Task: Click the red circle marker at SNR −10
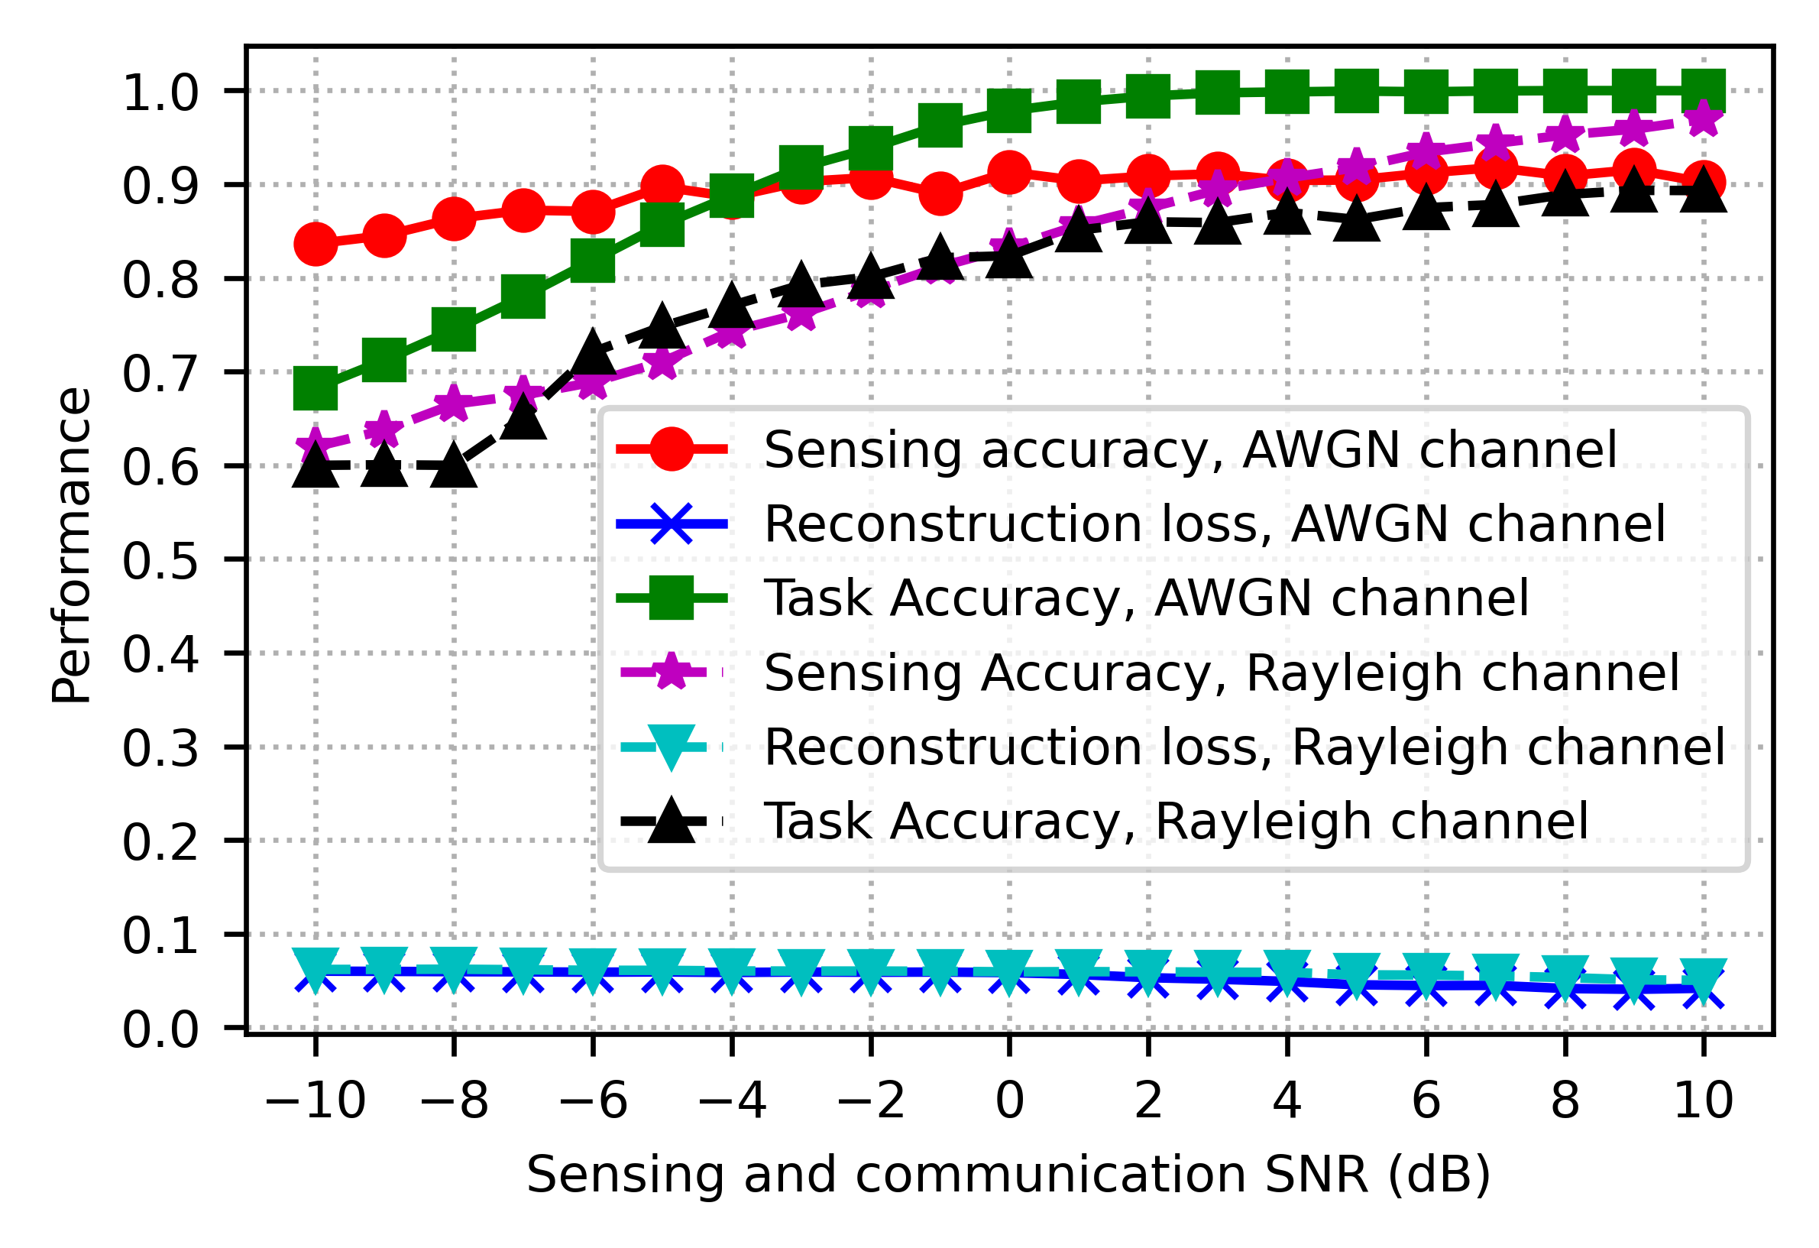316,244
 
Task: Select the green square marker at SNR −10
316,388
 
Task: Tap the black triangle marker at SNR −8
454,468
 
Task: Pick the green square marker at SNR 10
1704,90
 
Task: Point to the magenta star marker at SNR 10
1704,119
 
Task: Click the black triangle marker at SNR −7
523,419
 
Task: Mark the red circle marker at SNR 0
1009,172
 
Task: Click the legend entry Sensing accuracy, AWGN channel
1190,449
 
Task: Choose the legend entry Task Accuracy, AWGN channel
1146,598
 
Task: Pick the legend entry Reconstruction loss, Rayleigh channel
1244,747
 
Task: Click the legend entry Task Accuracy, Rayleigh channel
1176,822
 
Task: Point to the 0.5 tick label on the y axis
160,561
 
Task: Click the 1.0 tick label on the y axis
160,93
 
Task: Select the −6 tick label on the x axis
593,1101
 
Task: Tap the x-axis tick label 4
1287,1101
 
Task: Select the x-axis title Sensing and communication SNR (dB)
1008,1175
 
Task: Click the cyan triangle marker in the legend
672,748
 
